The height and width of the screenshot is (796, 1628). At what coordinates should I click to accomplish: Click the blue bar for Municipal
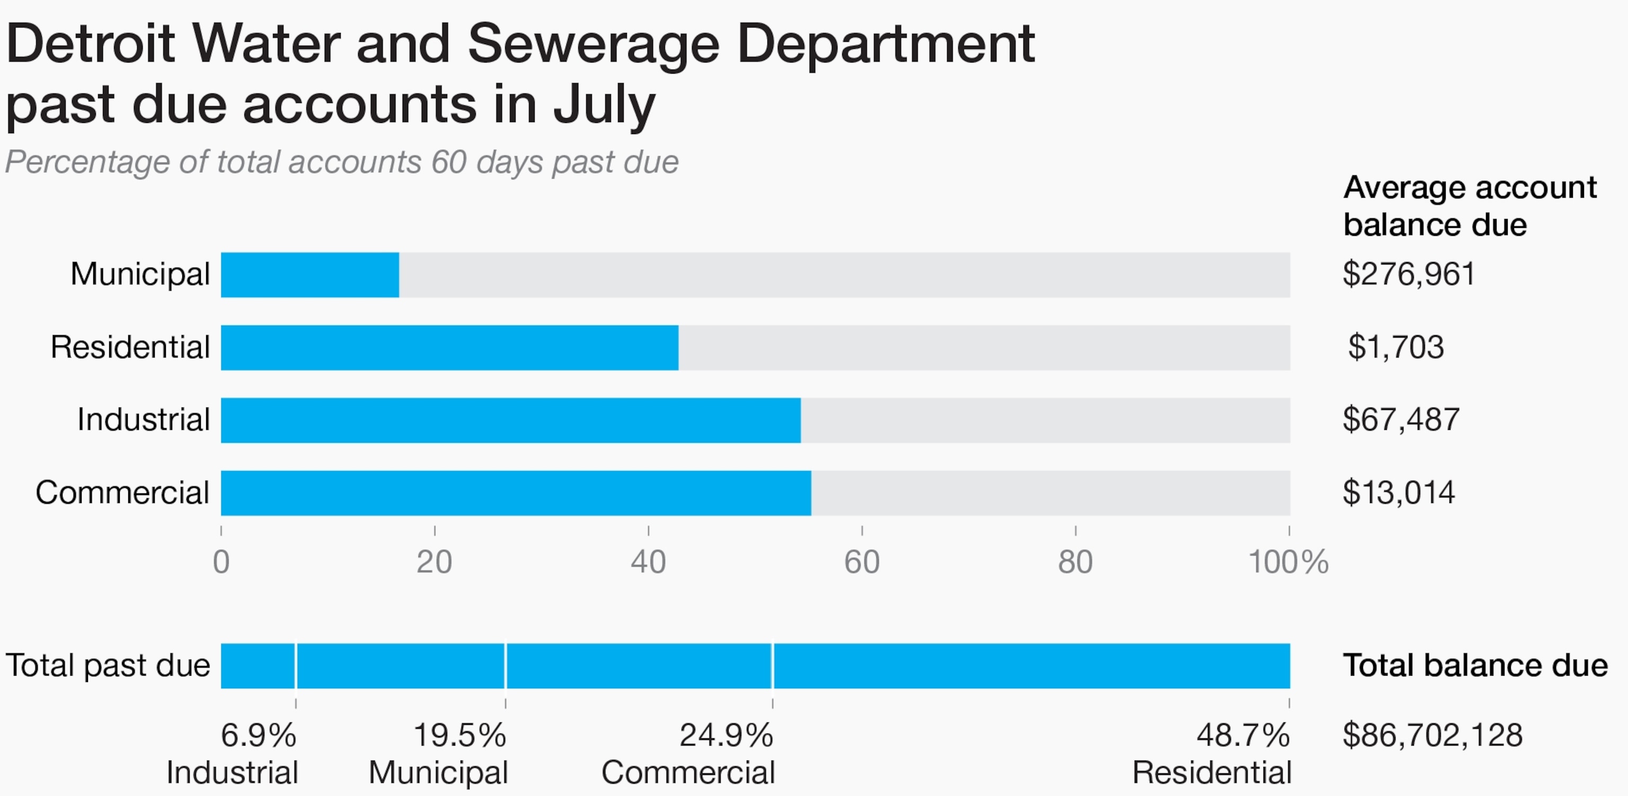pyautogui.click(x=309, y=275)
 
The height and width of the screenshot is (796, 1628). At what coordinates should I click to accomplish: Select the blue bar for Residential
pyautogui.click(x=449, y=347)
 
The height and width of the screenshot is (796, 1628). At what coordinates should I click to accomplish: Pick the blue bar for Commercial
pyautogui.click(x=516, y=492)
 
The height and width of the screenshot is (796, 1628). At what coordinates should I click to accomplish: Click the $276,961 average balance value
pyautogui.click(x=1409, y=275)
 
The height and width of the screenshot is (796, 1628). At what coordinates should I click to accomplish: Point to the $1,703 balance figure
pyautogui.click(x=1396, y=347)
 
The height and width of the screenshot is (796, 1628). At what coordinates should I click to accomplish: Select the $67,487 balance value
pyautogui.click(x=1401, y=420)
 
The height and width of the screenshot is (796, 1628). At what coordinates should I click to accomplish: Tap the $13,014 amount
pyautogui.click(x=1399, y=492)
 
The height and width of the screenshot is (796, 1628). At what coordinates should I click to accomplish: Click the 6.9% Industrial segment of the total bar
pyautogui.click(x=258, y=666)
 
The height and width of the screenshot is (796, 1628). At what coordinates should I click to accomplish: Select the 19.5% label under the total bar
pyautogui.click(x=459, y=735)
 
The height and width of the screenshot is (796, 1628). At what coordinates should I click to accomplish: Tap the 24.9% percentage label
pyautogui.click(x=726, y=735)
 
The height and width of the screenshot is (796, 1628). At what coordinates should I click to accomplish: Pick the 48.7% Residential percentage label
pyautogui.click(x=1243, y=735)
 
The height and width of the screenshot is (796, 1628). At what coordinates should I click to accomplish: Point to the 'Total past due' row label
pyautogui.click(x=108, y=666)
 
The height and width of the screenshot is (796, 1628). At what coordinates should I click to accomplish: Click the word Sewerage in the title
pyautogui.click(x=594, y=45)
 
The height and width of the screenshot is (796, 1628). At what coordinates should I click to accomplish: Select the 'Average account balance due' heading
pyautogui.click(x=1470, y=206)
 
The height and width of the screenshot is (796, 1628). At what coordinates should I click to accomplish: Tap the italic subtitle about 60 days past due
pyautogui.click(x=342, y=162)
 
